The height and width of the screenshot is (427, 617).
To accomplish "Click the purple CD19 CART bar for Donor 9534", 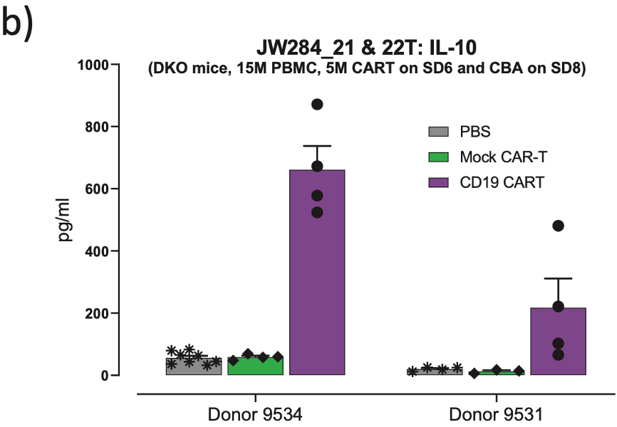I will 317,285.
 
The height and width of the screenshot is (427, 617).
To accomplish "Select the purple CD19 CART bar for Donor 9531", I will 558,342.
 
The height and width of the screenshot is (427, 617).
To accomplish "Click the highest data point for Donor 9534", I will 317,105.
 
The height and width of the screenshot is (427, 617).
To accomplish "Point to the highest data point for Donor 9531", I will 558,226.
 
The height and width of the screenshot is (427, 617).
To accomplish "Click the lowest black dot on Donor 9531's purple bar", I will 558,354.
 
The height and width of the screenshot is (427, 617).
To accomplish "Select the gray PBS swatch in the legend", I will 438,132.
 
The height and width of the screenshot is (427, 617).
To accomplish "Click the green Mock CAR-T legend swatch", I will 438,157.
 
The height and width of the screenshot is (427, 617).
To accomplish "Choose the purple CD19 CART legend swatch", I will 438,183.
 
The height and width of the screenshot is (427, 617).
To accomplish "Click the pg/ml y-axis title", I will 66,221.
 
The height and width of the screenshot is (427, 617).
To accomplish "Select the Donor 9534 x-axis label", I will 254,414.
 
